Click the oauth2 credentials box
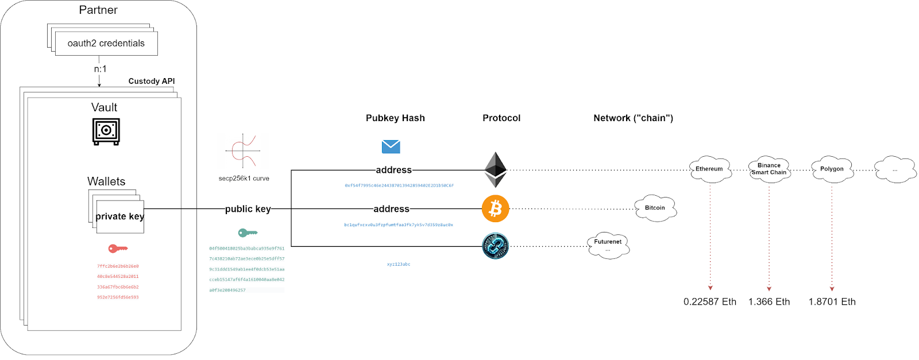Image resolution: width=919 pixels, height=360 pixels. [106, 44]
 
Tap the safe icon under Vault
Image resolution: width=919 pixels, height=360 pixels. [106, 131]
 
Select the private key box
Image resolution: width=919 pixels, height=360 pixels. [120, 216]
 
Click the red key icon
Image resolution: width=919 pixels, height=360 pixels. [118, 249]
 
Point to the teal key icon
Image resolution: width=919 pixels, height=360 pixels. [248, 233]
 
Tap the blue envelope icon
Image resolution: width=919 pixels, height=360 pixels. [391, 146]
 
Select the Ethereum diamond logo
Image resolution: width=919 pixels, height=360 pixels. [495, 170]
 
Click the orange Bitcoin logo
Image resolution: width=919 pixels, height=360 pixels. [495, 208]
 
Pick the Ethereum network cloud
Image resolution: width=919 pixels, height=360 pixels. [710, 169]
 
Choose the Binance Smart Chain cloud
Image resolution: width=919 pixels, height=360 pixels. [769, 169]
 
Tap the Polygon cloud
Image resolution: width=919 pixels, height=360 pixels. [832, 169]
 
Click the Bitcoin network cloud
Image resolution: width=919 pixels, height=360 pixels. [655, 208]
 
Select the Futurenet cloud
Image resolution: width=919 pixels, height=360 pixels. [608, 245]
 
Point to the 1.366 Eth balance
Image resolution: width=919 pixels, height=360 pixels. [769, 302]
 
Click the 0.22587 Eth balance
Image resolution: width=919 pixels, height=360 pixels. [710, 302]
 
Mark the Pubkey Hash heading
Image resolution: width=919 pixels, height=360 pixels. [395, 118]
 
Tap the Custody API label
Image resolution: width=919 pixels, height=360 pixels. [152, 82]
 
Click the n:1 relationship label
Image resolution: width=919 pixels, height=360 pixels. [101, 69]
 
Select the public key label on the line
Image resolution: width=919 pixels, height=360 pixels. [248, 209]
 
